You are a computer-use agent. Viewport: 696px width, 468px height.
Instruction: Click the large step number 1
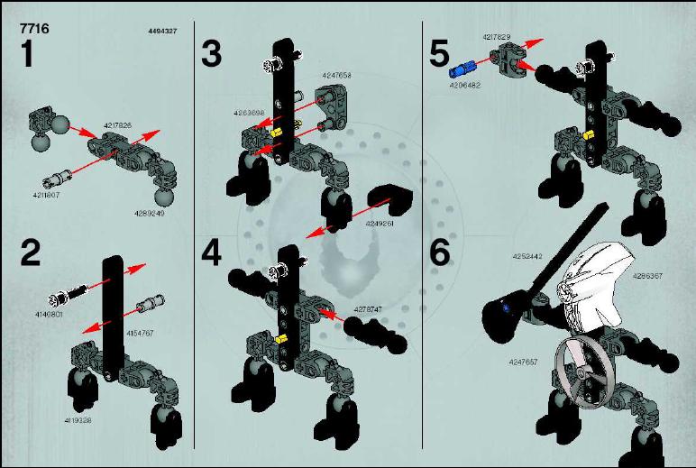[x=27, y=54]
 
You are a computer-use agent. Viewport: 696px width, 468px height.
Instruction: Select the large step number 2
[x=30, y=252]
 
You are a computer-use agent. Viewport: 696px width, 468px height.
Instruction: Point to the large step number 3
[x=211, y=53]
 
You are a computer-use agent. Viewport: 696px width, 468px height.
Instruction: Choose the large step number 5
[x=439, y=53]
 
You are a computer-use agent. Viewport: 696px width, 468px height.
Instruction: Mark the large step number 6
[x=439, y=252]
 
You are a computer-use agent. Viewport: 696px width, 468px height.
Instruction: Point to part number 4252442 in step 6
[x=526, y=256]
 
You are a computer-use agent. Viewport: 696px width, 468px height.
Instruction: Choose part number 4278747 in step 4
[x=367, y=308]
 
